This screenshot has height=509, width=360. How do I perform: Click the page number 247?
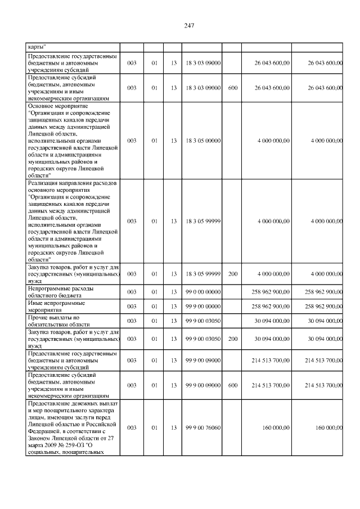pos(189,26)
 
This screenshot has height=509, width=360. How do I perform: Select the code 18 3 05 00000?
pos(202,141)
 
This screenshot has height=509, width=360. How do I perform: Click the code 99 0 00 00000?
pos(202,292)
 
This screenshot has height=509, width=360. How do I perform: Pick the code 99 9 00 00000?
pos(202,307)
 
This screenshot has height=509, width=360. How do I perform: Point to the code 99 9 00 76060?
pos(202,428)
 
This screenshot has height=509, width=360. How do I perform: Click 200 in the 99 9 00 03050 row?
pos(233,339)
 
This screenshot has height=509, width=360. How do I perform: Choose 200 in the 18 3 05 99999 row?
pos(233,274)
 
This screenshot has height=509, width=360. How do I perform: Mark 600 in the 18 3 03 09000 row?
pos(233,88)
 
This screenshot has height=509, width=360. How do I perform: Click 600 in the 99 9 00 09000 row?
pos(233,385)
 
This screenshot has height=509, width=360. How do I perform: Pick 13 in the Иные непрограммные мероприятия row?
pos(174,307)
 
